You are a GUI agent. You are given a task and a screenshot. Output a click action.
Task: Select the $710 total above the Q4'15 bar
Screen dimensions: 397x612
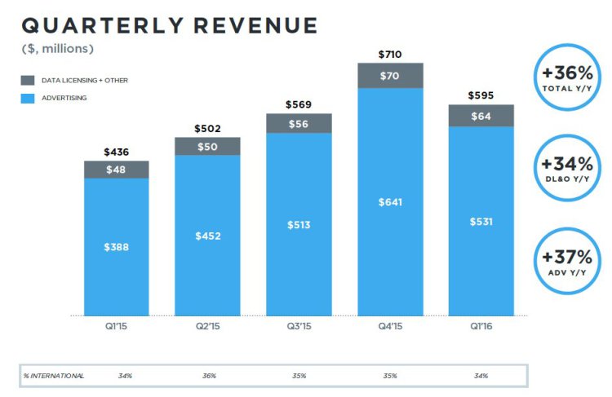[x=390, y=54]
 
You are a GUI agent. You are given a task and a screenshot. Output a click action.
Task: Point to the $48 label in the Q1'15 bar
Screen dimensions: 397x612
[x=117, y=170]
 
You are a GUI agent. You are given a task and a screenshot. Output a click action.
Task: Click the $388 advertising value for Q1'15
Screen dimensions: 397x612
[x=117, y=247]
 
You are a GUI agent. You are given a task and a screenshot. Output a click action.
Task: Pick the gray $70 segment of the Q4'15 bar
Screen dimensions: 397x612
[x=390, y=76]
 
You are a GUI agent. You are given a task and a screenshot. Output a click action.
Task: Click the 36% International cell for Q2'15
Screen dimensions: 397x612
[x=208, y=376]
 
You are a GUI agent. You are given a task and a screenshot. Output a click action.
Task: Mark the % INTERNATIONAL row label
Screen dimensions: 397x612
[x=54, y=376]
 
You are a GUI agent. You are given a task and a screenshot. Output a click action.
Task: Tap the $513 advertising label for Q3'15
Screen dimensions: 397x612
[x=299, y=225]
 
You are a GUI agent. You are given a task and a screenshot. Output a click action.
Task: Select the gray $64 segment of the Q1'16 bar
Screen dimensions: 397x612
[x=481, y=116]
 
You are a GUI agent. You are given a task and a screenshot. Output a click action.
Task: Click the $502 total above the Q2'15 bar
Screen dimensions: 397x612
[x=207, y=129]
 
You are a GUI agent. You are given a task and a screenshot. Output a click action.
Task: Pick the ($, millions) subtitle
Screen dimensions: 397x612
[x=58, y=49]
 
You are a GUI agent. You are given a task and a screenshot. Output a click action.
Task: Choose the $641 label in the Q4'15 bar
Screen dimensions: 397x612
[x=390, y=202]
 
